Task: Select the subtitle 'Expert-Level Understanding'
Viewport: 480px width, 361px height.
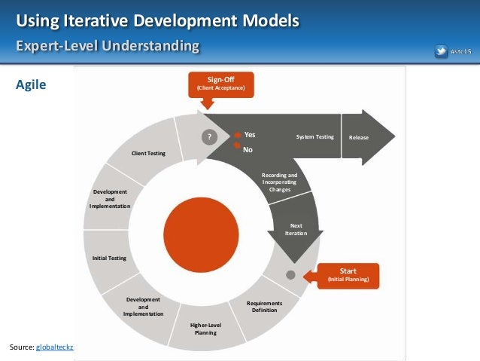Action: [108, 47]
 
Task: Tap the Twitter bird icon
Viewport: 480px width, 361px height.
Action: [441, 51]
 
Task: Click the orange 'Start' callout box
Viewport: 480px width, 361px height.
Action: [348, 275]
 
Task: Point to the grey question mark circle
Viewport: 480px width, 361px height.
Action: [211, 136]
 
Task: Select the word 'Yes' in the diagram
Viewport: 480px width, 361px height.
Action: [250, 135]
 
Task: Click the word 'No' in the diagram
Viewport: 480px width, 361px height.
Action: [247, 149]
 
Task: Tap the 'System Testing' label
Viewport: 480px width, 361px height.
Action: [314, 136]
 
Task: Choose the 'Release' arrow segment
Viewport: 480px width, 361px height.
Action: [360, 137]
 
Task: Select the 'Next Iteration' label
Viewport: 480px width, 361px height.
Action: [296, 230]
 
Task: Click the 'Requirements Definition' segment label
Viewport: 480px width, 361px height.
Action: [265, 307]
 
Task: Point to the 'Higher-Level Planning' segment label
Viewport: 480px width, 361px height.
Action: [205, 329]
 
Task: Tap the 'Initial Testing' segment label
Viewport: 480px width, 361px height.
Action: [109, 258]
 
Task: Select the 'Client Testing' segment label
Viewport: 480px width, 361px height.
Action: [148, 154]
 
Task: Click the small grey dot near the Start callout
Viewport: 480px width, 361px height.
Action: [291, 274]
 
